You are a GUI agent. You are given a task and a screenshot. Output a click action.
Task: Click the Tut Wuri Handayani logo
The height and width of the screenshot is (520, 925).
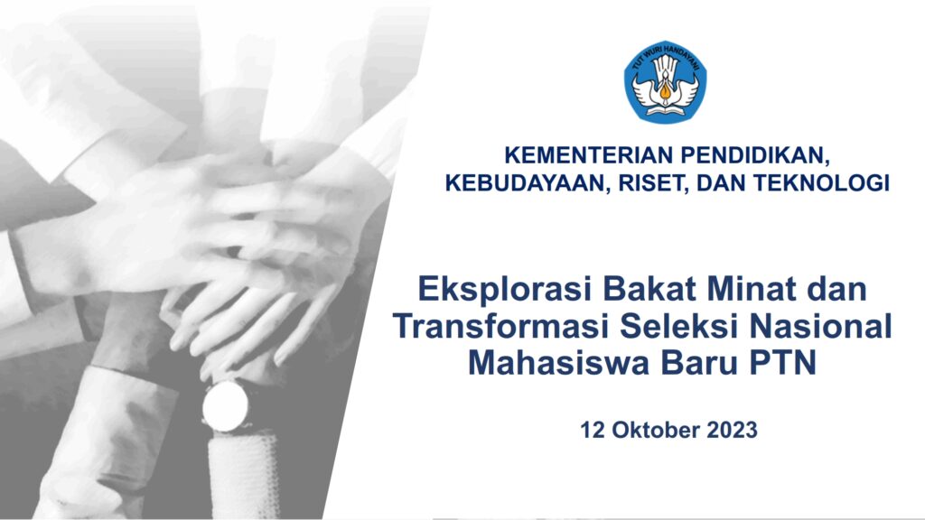coord(666,81)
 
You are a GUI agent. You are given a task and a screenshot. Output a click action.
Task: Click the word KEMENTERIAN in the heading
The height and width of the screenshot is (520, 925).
coord(589,155)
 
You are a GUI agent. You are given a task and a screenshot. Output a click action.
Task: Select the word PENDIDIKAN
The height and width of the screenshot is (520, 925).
coord(755,156)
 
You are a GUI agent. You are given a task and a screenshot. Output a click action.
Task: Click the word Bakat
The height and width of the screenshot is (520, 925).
coord(649,289)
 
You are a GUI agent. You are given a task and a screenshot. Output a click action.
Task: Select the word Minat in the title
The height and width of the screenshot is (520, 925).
coord(749,289)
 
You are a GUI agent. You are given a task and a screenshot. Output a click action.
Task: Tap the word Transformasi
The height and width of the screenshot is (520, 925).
coord(501,326)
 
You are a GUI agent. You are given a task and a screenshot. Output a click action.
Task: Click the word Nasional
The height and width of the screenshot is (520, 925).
coord(820,326)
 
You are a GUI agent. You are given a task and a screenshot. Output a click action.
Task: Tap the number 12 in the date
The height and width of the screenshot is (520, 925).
coord(593,430)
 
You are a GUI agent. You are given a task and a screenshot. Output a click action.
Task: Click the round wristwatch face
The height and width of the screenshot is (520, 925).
coord(225,407)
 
